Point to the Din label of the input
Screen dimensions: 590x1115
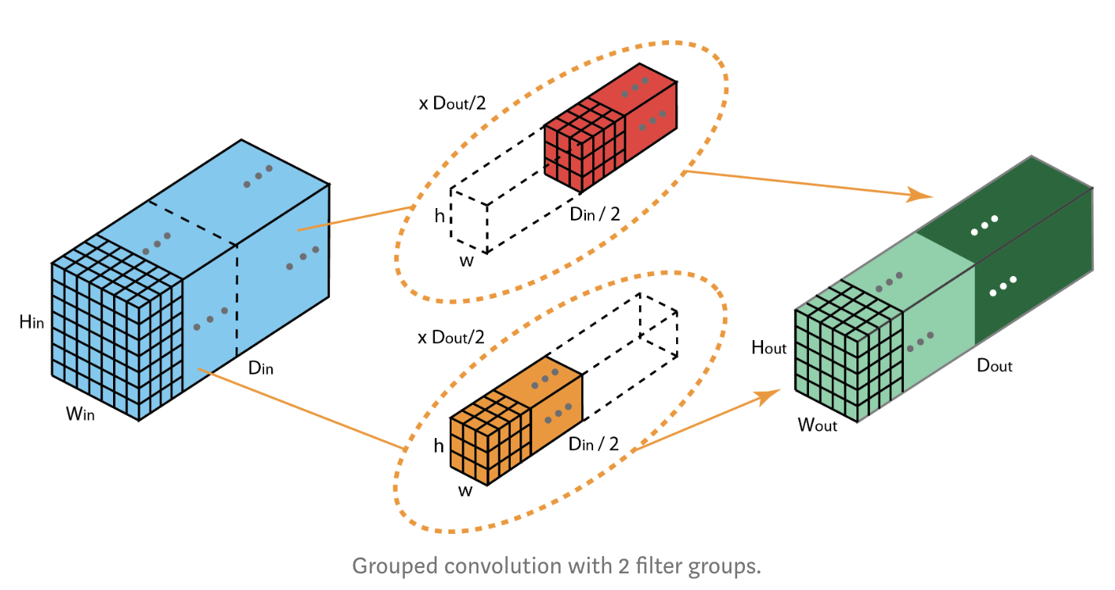261,368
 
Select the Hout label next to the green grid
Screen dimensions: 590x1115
769,347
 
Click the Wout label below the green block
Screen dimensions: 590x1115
817,425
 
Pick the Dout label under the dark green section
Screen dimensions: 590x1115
995,365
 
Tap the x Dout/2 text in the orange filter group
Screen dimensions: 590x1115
452,337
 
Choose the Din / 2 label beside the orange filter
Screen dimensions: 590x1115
593,444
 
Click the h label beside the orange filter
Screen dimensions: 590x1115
439,447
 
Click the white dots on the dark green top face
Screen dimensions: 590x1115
984,225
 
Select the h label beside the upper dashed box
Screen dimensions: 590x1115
440,214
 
